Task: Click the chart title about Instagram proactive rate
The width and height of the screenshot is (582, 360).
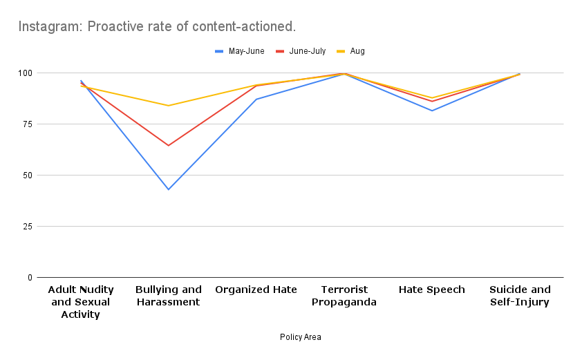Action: click(157, 27)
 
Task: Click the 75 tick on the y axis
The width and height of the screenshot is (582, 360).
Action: click(28, 124)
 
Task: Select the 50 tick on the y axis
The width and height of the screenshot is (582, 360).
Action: click(28, 176)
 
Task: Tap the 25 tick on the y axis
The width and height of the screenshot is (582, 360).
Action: click(28, 227)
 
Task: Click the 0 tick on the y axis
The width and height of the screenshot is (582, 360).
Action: click(30, 278)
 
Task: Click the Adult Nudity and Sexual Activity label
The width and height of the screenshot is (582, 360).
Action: click(81, 302)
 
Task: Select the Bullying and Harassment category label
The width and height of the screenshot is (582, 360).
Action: click(169, 296)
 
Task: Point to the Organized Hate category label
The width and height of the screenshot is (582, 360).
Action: click(256, 290)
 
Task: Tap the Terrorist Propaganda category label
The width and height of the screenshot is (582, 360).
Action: click(344, 296)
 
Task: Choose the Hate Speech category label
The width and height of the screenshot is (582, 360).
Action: click(432, 290)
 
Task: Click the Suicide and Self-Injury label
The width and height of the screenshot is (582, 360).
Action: click(520, 296)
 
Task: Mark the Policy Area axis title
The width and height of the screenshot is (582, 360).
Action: click(300, 337)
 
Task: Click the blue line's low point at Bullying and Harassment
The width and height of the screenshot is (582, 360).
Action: click(169, 189)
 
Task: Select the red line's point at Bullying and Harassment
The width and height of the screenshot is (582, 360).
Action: click(169, 145)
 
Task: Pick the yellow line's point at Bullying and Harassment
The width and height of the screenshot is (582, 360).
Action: click(169, 106)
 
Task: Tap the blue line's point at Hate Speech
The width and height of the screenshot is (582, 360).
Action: click(432, 111)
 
